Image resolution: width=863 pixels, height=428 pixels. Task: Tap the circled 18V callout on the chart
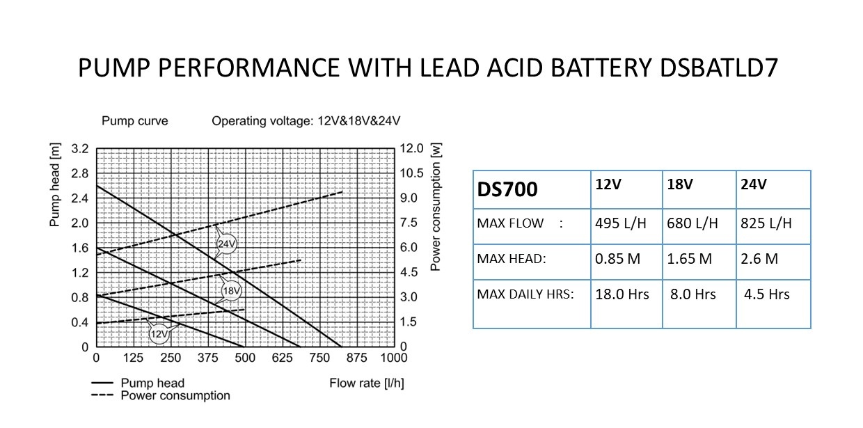(231, 290)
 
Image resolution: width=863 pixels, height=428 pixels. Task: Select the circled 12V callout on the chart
(159, 334)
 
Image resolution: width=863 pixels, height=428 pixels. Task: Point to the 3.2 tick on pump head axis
(80, 148)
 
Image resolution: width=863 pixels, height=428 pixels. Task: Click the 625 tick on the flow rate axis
(282, 358)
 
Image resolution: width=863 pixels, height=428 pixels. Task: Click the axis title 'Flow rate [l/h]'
(366, 383)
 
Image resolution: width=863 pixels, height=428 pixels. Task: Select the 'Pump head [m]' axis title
(55, 184)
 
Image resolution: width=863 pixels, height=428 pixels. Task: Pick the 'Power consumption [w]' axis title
(436, 207)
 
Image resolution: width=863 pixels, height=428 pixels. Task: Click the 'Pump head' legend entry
(152, 383)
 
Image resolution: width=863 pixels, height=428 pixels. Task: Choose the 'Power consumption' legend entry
(175, 395)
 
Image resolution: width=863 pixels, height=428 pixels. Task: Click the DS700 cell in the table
(507, 189)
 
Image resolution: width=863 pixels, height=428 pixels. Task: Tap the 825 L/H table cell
(766, 223)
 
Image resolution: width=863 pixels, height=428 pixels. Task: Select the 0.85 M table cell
(617, 259)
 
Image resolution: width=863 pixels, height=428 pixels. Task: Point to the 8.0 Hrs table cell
(692, 294)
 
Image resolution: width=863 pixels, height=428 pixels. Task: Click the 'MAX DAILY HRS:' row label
(525, 294)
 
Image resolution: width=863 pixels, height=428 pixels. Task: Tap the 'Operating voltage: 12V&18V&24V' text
(306, 121)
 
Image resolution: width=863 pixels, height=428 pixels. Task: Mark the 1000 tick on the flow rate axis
(393, 358)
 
